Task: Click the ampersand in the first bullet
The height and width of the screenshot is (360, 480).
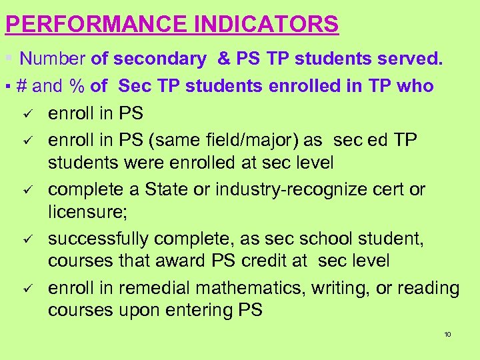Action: [224, 59]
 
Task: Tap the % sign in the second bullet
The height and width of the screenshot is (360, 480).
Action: [78, 86]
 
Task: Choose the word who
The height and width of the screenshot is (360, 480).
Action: [417, 86]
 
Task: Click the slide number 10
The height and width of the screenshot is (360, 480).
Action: [447, 334]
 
